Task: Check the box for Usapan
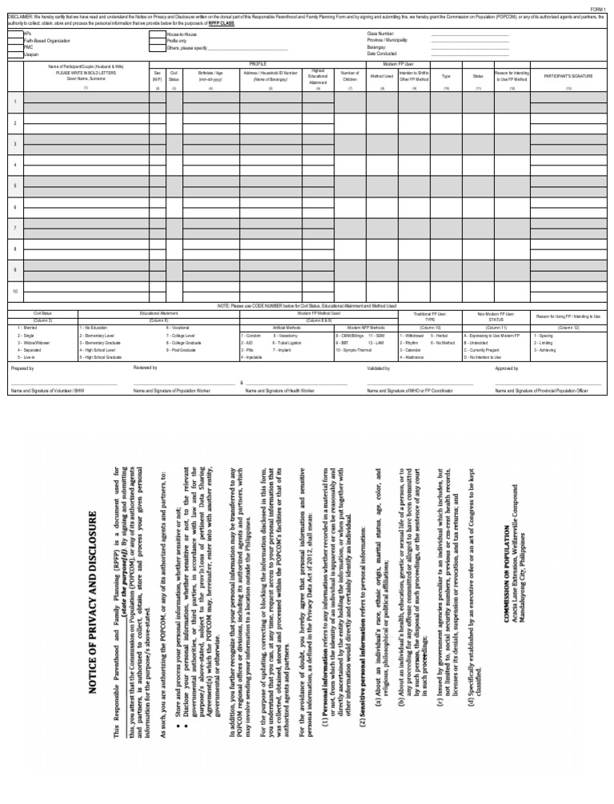pyautogui.click(x=17, y=54)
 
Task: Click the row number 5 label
pyautogui.click(x=14, y=185)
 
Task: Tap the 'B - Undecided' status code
pyautogui.click(x=479, y=342)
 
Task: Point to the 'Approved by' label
pyautogui.click(x=507, y=368)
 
